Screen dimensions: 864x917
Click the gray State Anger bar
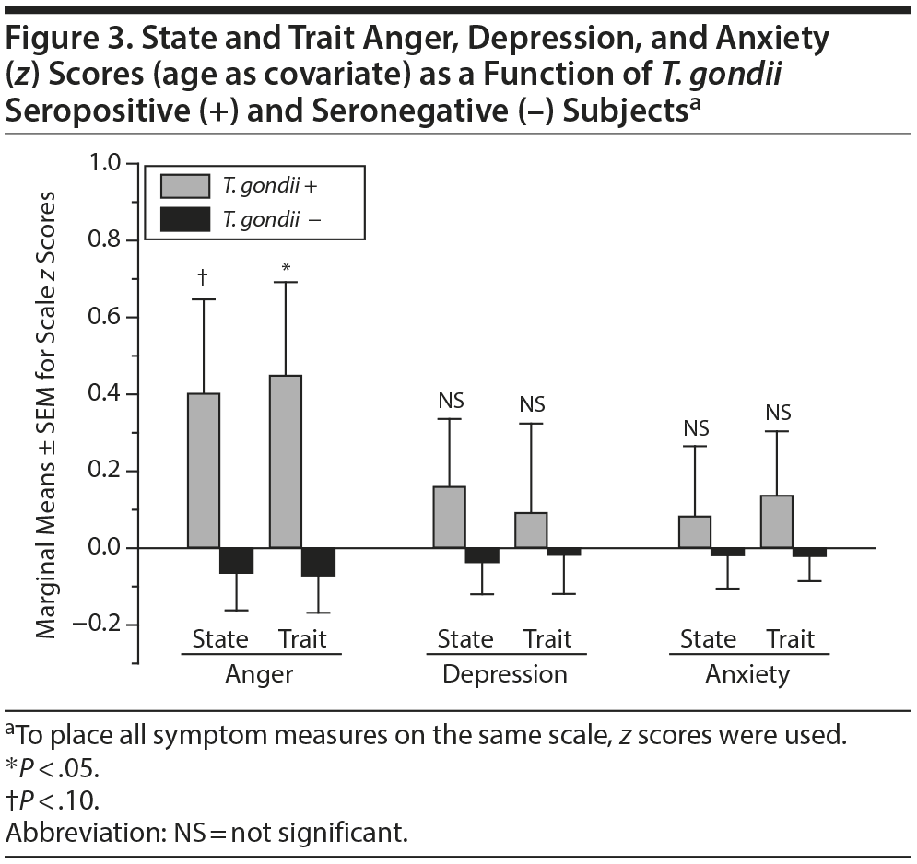204,471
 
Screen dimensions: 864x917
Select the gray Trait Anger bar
285,461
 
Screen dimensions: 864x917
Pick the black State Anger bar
237,560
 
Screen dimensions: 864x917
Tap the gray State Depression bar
449,517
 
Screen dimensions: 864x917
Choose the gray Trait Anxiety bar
777,521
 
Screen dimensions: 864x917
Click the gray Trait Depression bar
531,530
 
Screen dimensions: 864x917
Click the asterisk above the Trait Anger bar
286,268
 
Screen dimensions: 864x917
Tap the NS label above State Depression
451,401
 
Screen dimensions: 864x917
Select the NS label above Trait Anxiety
778,413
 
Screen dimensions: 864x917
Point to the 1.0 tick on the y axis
107,163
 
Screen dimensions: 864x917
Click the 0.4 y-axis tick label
107,394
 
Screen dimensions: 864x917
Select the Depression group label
504,674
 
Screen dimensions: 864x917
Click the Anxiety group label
747,674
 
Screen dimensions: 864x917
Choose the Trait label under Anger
301,639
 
